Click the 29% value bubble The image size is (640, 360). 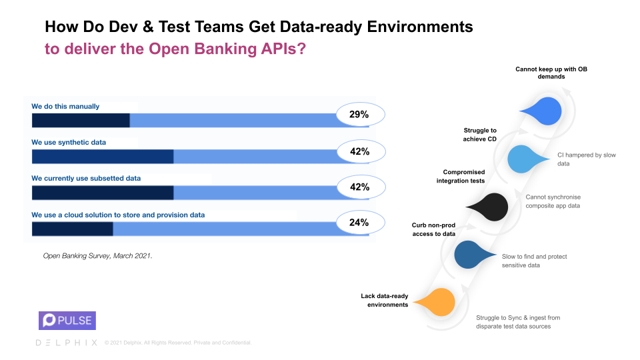[x=359, y=115]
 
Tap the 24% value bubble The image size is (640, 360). [x=359, y=223]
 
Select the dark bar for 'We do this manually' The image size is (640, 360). [x=81, y=120]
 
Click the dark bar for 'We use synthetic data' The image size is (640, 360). [x=103, y=156]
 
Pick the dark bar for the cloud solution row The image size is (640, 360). [x=72, y=229]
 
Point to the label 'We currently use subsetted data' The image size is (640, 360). [x=86, y=179]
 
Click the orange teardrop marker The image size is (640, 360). [x=438, y=302]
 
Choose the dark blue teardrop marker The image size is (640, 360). [x=474, y=254]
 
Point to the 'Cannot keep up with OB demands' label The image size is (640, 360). [x=551, y=73]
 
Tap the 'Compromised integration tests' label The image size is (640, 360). [x=461, y=177]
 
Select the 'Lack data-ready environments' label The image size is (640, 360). [x=385, y=300]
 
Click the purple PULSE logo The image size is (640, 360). [x=67, y=321]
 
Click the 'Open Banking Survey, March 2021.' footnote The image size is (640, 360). [x=98, y=255]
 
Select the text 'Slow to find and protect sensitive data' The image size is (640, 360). [x=535, y=261]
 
